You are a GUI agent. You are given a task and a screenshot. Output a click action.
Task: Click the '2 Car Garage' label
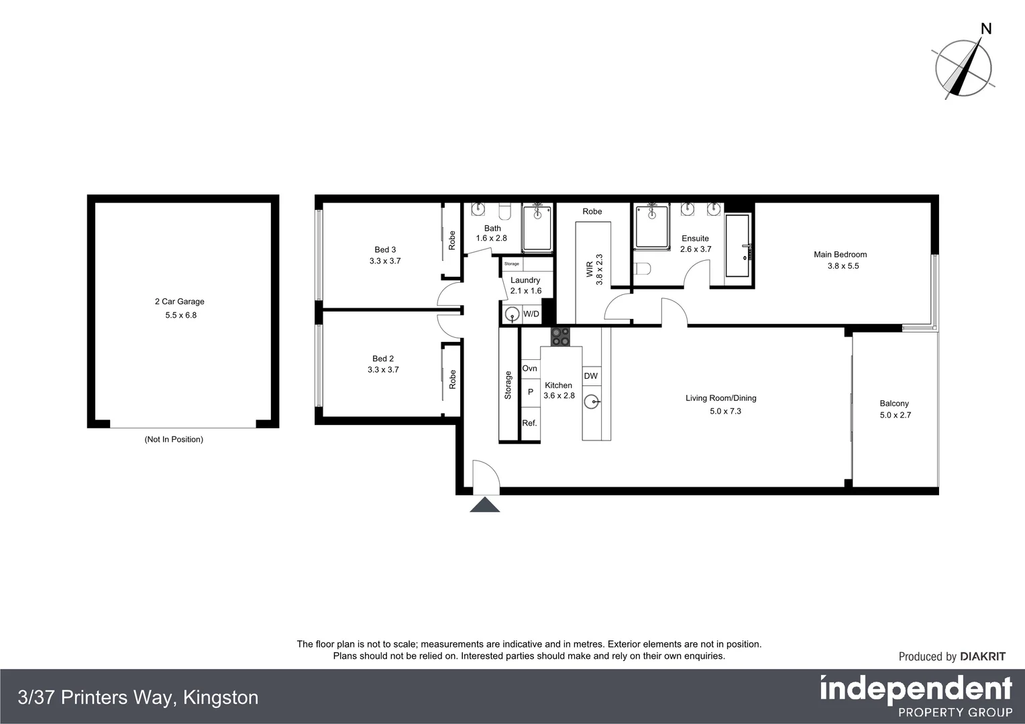[x=179, y=302]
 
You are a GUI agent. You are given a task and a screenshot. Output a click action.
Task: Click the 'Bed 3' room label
[x=384, y=249]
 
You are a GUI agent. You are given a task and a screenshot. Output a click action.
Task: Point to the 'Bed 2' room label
[x=383, y=359]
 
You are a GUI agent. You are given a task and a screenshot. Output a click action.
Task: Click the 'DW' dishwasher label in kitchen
[x=590, y=376]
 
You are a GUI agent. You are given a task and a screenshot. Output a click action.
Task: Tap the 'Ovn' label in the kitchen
[x=529, y=368]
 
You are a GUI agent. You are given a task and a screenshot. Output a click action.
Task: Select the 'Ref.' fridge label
[x=529, y=423]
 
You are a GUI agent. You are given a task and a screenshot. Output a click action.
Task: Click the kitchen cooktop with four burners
[x=560, y=336]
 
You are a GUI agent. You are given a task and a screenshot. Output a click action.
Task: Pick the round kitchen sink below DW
[x=591, y=402]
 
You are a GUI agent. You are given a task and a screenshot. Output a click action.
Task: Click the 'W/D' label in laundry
[x=531, y=314]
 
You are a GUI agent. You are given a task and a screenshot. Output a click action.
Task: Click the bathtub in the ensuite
[x=739, y=246]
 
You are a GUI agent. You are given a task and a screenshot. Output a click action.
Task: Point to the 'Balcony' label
[x=894, y=404]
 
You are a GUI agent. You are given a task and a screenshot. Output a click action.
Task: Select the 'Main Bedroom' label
[x=840, y=254]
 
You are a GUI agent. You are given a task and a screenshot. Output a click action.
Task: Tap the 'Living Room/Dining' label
[x=720, y=398]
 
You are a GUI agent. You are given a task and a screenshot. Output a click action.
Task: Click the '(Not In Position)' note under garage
[x=174, y=440]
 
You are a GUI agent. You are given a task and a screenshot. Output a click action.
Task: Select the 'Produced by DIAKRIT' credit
[x=951, y=656]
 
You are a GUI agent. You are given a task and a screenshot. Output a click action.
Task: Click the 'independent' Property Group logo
[x=916, y=690]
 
